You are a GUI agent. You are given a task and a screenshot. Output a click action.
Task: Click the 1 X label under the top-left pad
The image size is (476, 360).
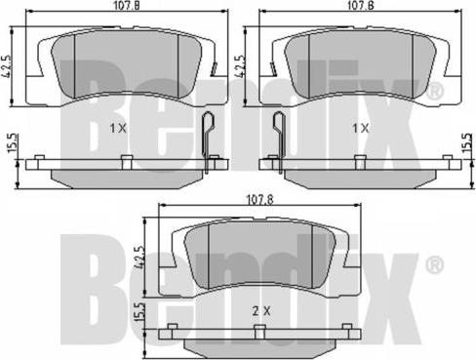pos(118,128)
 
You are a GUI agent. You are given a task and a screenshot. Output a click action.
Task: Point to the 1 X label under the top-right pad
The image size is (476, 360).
pos(360,128)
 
